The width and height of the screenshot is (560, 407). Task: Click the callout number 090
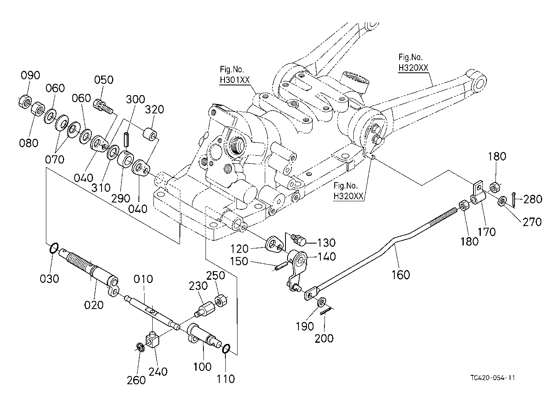pyautogui.click(x=30, y=75)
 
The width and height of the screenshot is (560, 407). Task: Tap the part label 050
pyautogui.click(x=104, y=80)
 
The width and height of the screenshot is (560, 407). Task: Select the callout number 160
pyautogui.click(x=401, y=275)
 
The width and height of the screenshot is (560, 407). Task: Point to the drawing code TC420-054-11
pyautogui.click(x=493, y=378)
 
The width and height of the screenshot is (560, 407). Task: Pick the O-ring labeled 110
pyautogui.click(x=226, y=349)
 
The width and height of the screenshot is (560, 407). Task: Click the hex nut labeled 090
pyautogui.click(x=25, y=102)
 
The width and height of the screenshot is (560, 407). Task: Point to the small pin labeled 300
pyautogui.click(x=126, y=140)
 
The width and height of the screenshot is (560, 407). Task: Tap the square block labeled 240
pyautogui.click(x=153, y=339)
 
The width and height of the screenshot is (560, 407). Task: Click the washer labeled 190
pyautogui.click(x=322, y=302)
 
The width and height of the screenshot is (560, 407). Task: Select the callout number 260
pyautogui.click(x=136, y=380)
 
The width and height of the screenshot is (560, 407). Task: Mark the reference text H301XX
pyautogui.click(x=235, y=80)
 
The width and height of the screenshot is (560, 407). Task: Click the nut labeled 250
pyautogui.click(x=221, y=300)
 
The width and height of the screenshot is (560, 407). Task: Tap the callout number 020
pyautogui.click(x=94, y=305)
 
